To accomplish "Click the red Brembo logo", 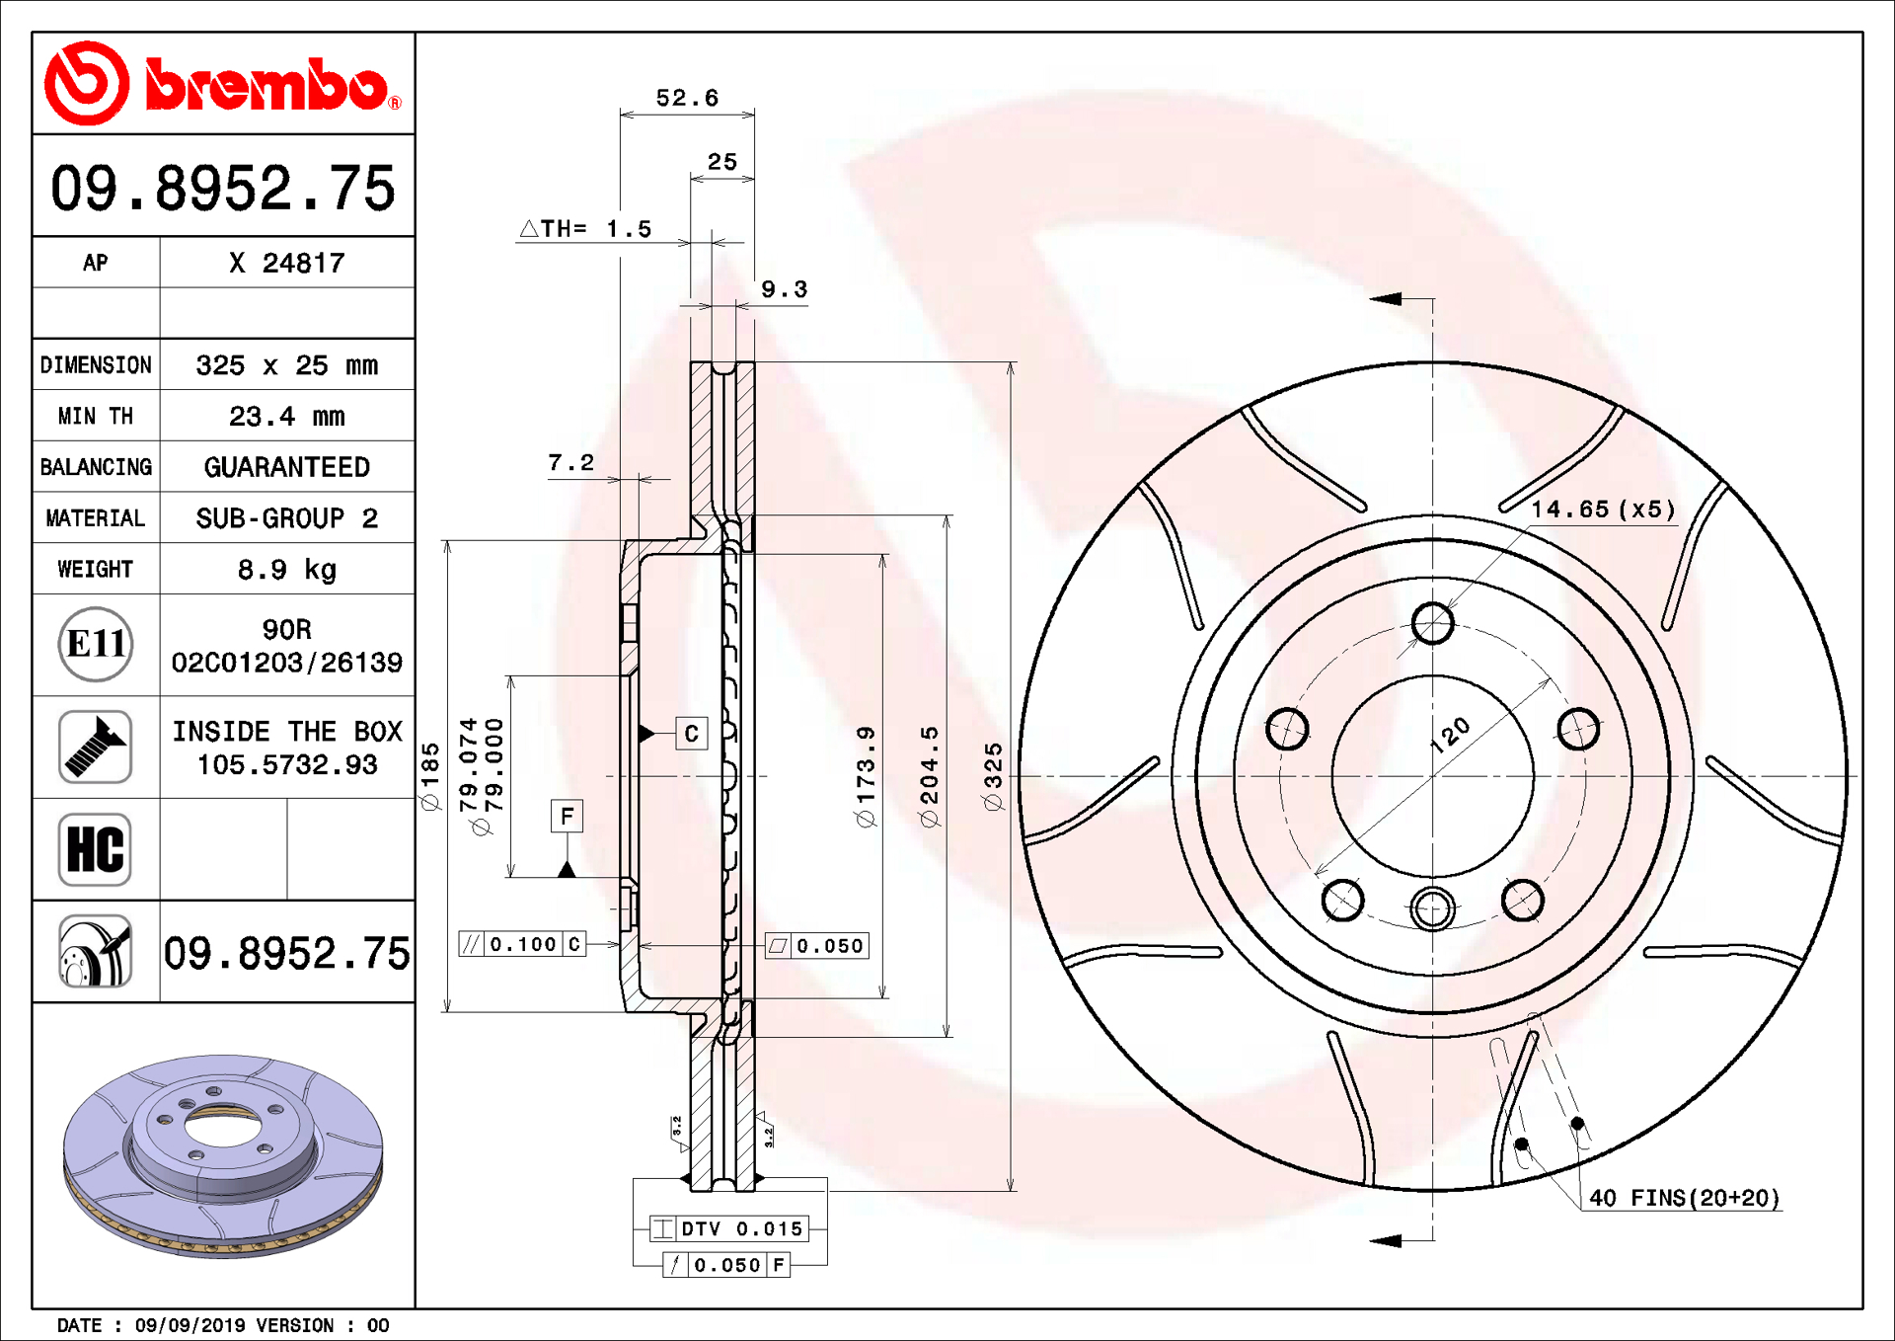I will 222,84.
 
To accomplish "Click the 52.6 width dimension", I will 687,98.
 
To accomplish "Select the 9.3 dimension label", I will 784,289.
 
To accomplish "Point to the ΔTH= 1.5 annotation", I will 586,229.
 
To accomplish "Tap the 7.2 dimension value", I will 570,462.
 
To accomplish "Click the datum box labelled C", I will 691,733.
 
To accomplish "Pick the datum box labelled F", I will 567,816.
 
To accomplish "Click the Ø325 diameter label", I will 993,777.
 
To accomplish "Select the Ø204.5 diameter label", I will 929,777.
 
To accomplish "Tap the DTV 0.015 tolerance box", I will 729,1228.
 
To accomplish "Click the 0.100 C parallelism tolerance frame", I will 522,944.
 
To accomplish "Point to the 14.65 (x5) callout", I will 1602,510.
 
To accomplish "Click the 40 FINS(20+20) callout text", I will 1684,1198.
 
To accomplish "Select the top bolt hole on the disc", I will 1432,623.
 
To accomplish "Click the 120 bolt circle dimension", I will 1451,736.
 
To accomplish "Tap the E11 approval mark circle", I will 96,644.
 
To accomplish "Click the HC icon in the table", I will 95,849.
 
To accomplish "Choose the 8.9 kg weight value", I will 286,570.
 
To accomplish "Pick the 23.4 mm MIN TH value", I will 286,417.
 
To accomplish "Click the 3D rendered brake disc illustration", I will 223,1155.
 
